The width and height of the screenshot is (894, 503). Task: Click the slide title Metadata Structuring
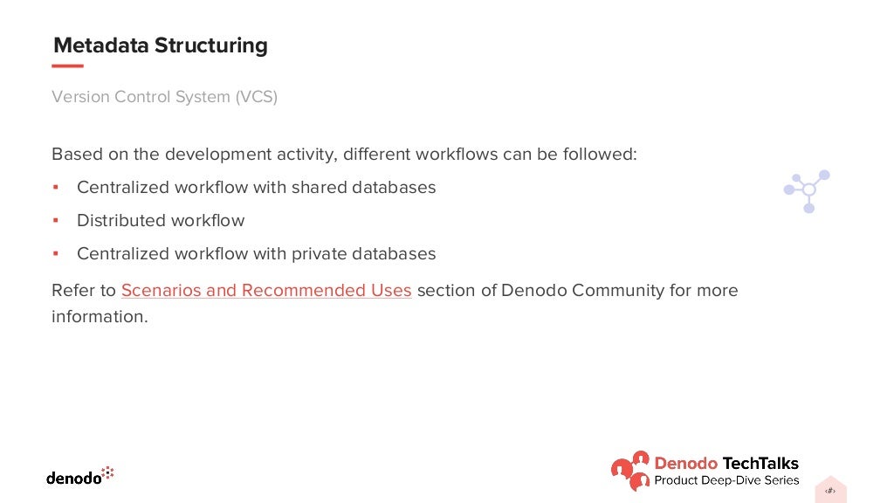(161, 45)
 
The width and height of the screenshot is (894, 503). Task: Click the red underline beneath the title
(68, 66)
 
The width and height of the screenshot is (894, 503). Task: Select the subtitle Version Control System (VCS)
(164, 97)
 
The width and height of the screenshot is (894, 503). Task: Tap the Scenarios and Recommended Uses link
(266, 290)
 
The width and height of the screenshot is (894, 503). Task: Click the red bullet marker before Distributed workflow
(55, 220)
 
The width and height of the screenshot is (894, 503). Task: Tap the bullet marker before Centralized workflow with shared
(55, 187)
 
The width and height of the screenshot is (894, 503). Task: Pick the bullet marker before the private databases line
(55, 253)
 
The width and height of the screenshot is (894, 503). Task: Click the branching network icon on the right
(808, 190)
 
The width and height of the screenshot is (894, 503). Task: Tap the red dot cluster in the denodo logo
(108, 473)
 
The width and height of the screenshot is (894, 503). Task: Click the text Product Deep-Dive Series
(726, 480)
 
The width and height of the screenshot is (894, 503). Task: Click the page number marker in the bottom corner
(830, 491)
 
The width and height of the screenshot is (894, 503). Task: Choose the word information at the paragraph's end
(99, 316)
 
